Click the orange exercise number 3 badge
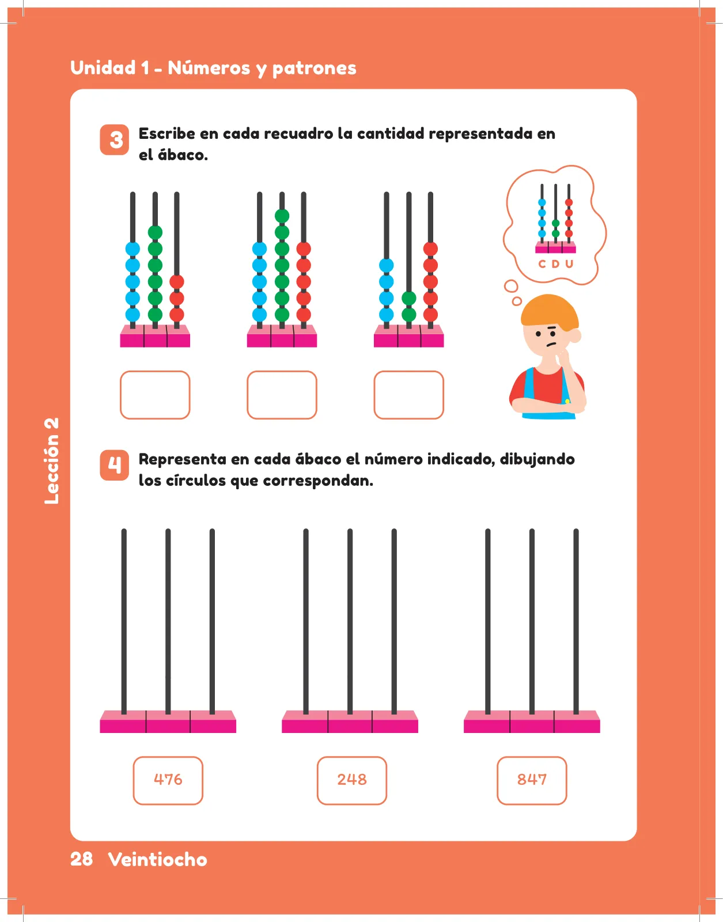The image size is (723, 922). coord(115,139)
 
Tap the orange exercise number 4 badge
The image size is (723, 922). coord(115,465)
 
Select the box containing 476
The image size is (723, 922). coord(168,780)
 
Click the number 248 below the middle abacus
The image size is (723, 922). coord(352,780)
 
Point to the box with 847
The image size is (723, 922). coord(532,780)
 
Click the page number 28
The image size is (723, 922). coord(81,859)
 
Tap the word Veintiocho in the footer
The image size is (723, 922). coord(158,859)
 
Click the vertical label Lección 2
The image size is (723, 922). coord(51,461)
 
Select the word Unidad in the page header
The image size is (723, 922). coord(103,68)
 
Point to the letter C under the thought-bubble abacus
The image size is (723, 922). coord(542,264)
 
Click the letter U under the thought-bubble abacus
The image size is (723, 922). coord(569,264)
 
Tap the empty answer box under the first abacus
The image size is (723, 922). coord(155,395)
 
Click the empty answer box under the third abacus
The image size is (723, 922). coord(409,395)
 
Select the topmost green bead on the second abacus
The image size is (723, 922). coord(282,216)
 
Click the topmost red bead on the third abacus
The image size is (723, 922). coord(430,249)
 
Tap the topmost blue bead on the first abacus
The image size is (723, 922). coord(133,249)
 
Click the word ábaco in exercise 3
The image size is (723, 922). coord(183,154)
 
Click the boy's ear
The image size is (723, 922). coord(575,335)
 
